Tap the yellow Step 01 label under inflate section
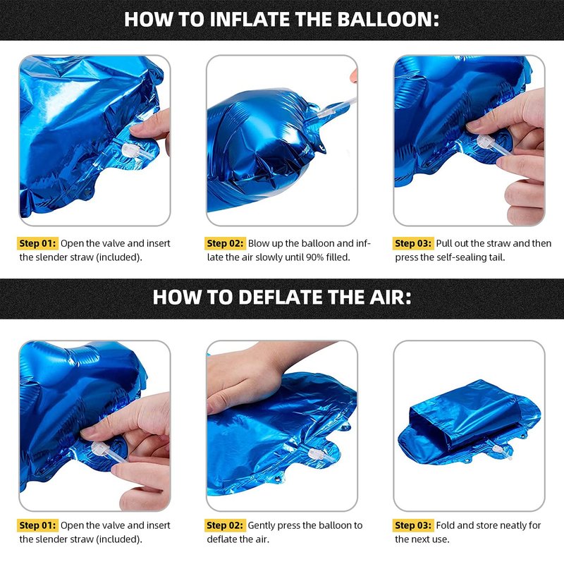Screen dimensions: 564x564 click(x=37, y=243)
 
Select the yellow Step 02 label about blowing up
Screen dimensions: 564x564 click(x=225, y=243)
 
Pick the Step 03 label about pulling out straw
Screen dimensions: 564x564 click(x=413, y=243)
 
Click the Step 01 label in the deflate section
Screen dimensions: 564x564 click(x=37, y=525)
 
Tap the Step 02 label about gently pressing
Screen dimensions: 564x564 click(x=225, y=525)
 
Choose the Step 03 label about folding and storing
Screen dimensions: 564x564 click(x=413, y=525)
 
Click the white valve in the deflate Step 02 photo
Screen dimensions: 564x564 click(x=315, y=453)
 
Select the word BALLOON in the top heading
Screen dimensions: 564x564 click(x=388, y=19)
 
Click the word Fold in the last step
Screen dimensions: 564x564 click(x=446, y=525)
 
